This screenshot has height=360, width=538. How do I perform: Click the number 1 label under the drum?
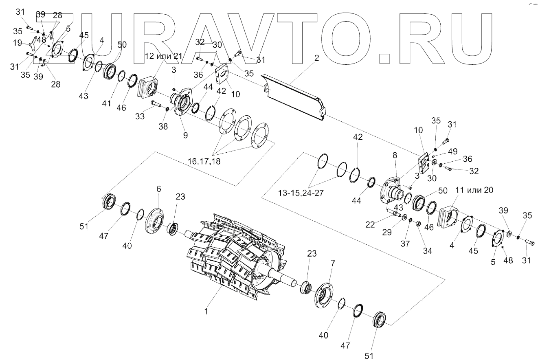pyautogui.click(x=206, y=312)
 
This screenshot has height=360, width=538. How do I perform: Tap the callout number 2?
pyautogui.click(x=316, y=58)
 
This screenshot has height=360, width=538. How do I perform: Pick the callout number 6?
pyautogui.click(x=159, y=189)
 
